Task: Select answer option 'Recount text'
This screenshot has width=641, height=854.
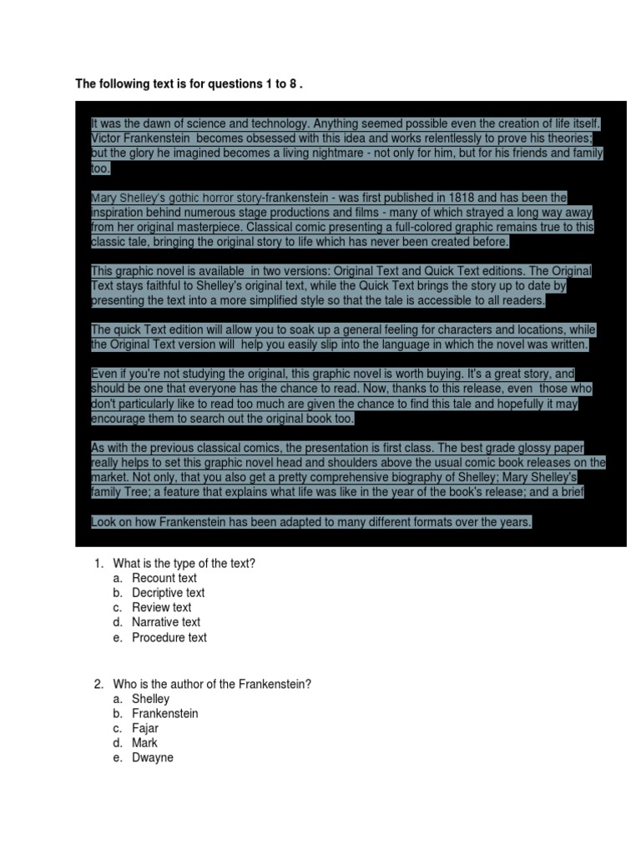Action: (164, 578)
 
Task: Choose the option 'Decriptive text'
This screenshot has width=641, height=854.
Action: (168, 593)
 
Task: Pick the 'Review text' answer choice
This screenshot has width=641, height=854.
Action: (161, 607)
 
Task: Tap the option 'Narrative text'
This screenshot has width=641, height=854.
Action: (165, 622)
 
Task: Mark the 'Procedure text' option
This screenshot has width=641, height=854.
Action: (169, 637)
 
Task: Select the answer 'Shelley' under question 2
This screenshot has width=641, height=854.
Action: (150, 699)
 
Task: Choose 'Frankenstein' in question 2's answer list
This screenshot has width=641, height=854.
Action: (164, 714)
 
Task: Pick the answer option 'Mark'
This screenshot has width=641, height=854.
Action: (144, 743)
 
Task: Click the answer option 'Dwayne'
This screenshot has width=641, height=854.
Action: (152, 758)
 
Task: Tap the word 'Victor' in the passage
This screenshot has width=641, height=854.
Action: (106, 138)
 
